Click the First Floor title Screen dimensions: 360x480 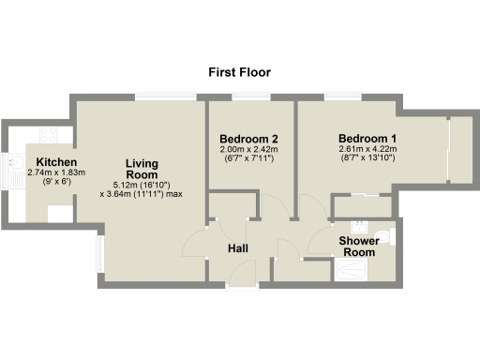pyautogui.click(x=239, y=72)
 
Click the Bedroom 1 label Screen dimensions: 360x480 pyautogui.click(x=367, y=138)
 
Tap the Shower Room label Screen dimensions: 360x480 pyautogui.click(x=357, y=247)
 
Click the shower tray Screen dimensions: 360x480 pyautogui.click(x=355, y=271)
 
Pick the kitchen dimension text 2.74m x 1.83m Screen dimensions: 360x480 pyautogui.click(x=56, y=173)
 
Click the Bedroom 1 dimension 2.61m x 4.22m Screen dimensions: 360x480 pyautogui.click(x=367, y=149)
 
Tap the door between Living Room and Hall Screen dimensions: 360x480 pyautogui.click(x=193, y=246)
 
